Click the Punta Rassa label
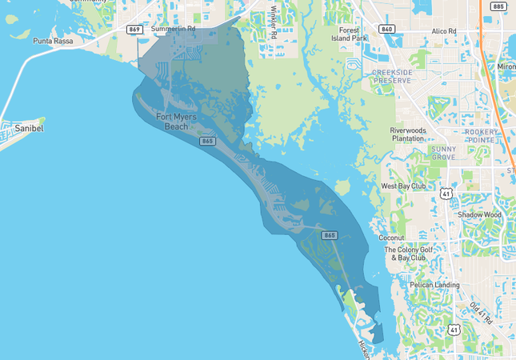(53, 40)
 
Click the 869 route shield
(135, 30)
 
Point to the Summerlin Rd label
(173, 29)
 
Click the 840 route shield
(387, 30)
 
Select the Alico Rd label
(443, 31)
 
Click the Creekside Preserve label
(392, 76)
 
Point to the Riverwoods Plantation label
(408, 134)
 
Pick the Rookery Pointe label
(482, 135)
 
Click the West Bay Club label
(404, 186)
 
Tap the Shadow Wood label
(479, 214)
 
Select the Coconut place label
(392, 238)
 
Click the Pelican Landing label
(434, 285)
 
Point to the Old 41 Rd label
(481, 314)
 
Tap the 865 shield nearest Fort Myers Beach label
(207, 141)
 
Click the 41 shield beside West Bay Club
(446, 193)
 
